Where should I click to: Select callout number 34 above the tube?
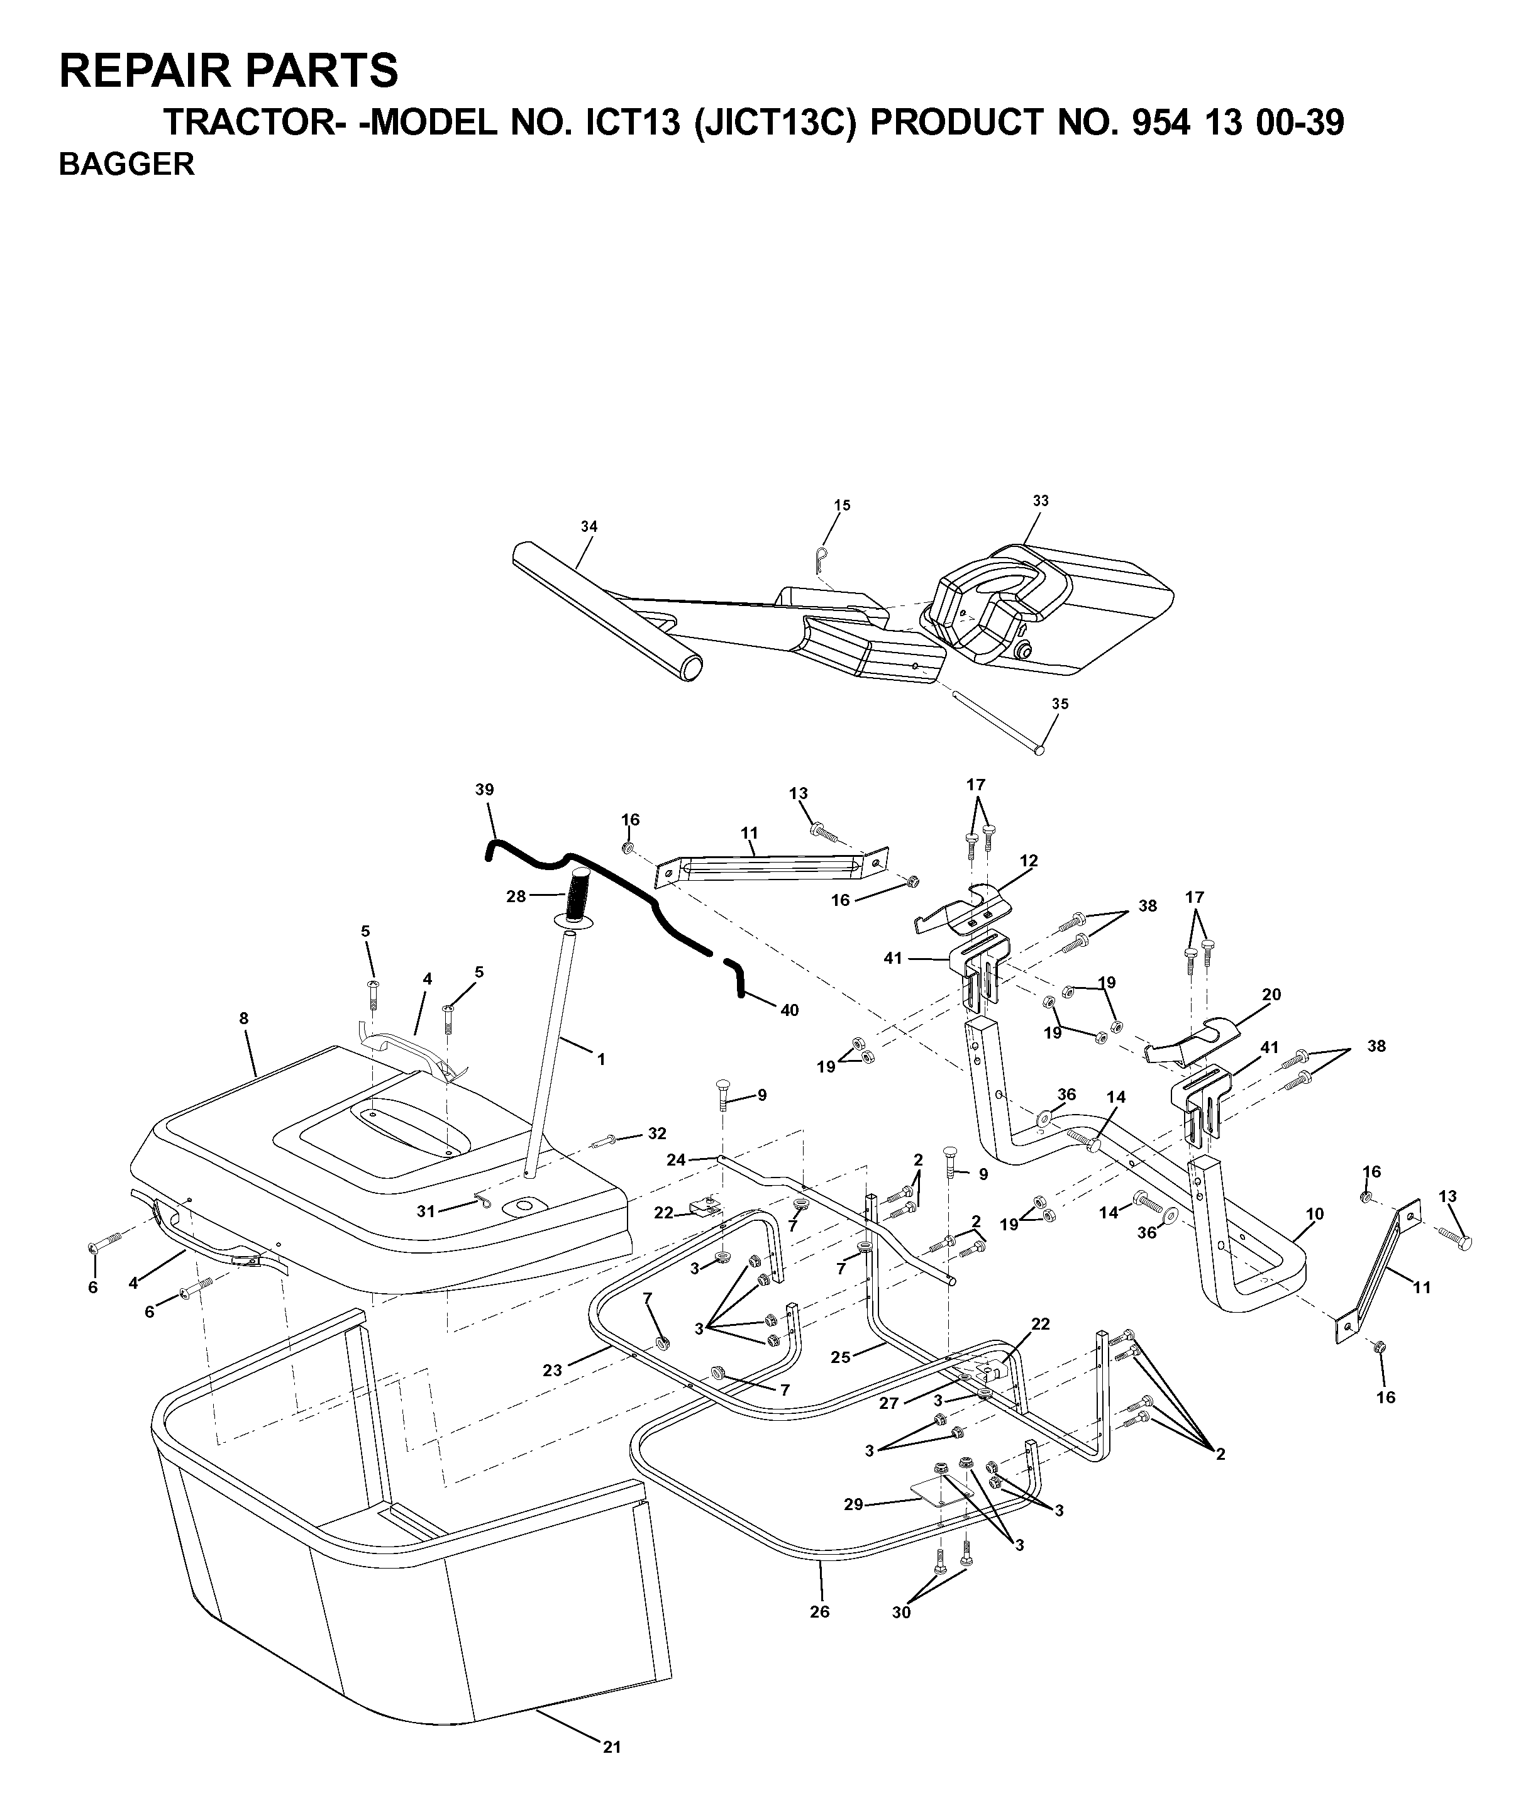(589, 526)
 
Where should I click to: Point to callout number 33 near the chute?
(1040, 500)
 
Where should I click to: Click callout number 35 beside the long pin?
(1060, 703)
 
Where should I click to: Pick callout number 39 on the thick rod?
(485, 790)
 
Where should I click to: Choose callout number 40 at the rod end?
(789, 1010)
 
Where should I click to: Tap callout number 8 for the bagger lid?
(244, 1017)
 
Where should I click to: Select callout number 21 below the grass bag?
(612, 1747)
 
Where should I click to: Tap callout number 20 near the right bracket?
(1271, 995)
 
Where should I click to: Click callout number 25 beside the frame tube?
(840, 1357)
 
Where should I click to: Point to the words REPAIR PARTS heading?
(228, 71)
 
